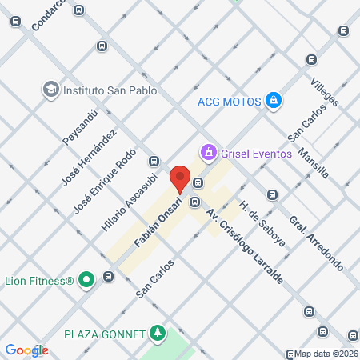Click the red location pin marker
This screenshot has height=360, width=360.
pos(180,178)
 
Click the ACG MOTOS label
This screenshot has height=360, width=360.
pos(230,101)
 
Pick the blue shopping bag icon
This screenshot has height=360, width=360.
pos(274,100)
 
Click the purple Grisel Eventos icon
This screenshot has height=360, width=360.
pos(209,150)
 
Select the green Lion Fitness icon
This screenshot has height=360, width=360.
pos(86,280)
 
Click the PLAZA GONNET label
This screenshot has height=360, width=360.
pos(106,333)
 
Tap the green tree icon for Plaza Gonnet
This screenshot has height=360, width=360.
pos(158,333)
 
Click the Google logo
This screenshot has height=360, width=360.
pos(26,350)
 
